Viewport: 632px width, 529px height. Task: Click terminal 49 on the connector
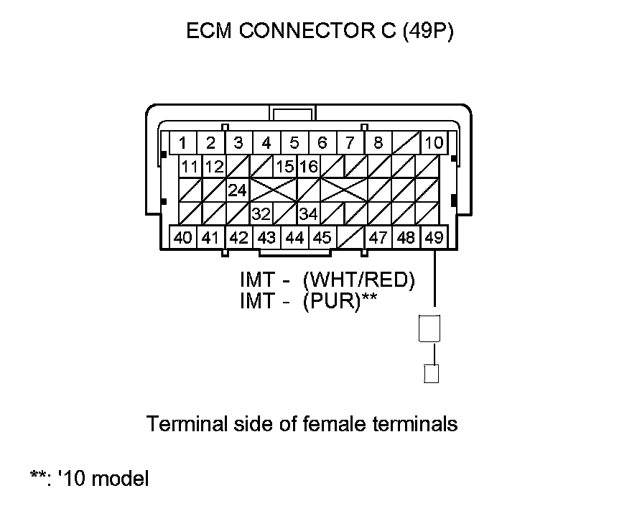433,237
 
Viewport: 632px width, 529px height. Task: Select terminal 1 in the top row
184,142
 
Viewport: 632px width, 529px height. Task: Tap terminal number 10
433,142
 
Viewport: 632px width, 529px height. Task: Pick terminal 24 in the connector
238,190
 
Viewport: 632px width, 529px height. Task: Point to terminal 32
261,214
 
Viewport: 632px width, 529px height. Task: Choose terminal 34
308,214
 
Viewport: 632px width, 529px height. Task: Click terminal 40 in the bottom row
183,237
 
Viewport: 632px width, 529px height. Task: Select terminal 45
322,237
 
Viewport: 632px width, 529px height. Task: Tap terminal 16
308,167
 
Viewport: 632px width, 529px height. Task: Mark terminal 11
190,167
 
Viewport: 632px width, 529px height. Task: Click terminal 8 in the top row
378,142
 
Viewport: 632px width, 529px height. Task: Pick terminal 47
378,237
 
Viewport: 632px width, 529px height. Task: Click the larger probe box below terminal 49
430,328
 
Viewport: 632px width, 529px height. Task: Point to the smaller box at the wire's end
432,374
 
